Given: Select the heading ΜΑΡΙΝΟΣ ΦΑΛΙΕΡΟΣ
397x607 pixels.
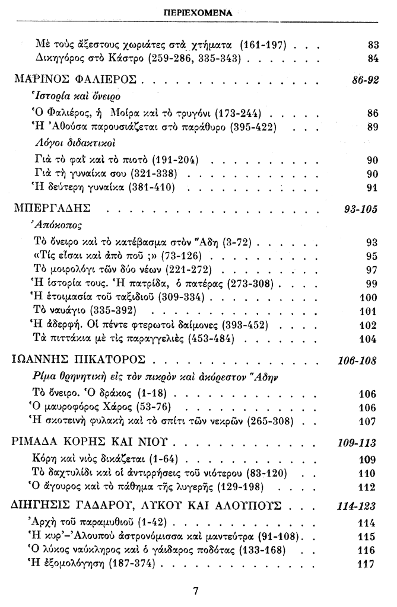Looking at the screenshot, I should (75, 79).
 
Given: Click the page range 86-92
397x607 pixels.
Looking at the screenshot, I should (365, 79).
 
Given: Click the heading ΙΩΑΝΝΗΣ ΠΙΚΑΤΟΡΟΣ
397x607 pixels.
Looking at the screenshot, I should (81, 360).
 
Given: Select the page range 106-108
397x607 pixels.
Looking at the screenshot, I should (359, 360).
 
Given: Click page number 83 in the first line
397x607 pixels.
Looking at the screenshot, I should (373, 44).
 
